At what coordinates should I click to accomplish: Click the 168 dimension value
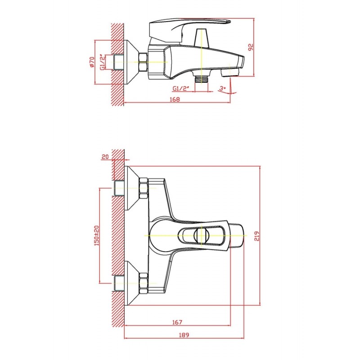pos(175,99)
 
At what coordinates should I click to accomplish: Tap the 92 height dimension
pos(251,47)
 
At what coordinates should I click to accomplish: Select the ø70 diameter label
pos(92,62)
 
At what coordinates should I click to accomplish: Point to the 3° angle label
pos(222,88)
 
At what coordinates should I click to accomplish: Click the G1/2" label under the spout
pos(181,88)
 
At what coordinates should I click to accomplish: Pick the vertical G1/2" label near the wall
pos(103,62)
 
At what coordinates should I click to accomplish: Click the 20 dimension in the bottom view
pos(105,157)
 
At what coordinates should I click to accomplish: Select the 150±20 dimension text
pos(97,235)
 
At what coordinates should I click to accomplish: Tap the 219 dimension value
pos(256,236)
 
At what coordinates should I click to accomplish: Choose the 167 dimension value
pos(177,322)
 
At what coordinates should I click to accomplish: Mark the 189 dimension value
pos(184,335)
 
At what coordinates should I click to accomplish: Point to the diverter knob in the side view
pos(201,37)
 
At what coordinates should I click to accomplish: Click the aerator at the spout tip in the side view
pos(230,72)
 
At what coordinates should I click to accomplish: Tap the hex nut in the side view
pos(143,62)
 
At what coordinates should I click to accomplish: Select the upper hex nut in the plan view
pos(144,188)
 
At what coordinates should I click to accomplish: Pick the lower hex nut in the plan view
pos(144,283)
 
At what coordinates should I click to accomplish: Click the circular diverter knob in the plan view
pos(202,235)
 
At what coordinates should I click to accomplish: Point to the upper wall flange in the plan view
pos(132,188)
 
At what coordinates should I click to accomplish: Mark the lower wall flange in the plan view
pos(132,283)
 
